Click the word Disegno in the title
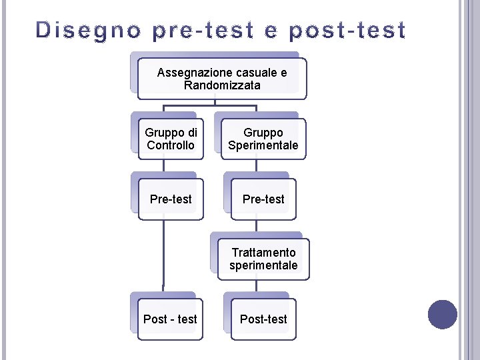coord(88,31)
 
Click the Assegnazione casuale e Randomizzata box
coord(222,79)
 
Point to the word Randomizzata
coord(222,85)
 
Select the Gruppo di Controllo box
coord(171,139)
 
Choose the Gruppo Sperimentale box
coord(263,139)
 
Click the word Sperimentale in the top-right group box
coord(263,145)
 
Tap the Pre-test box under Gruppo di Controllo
coord(171,199)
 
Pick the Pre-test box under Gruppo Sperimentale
coord(263,199)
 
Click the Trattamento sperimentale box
coord(263,259)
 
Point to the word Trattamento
coord(263,252)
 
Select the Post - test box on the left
coord(170,319)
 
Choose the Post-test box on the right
coord(263,319)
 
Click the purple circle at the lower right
coord(443,315)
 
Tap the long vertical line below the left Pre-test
coord(163,253)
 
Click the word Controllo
coord(171,145)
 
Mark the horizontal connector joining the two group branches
coord(210,105)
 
